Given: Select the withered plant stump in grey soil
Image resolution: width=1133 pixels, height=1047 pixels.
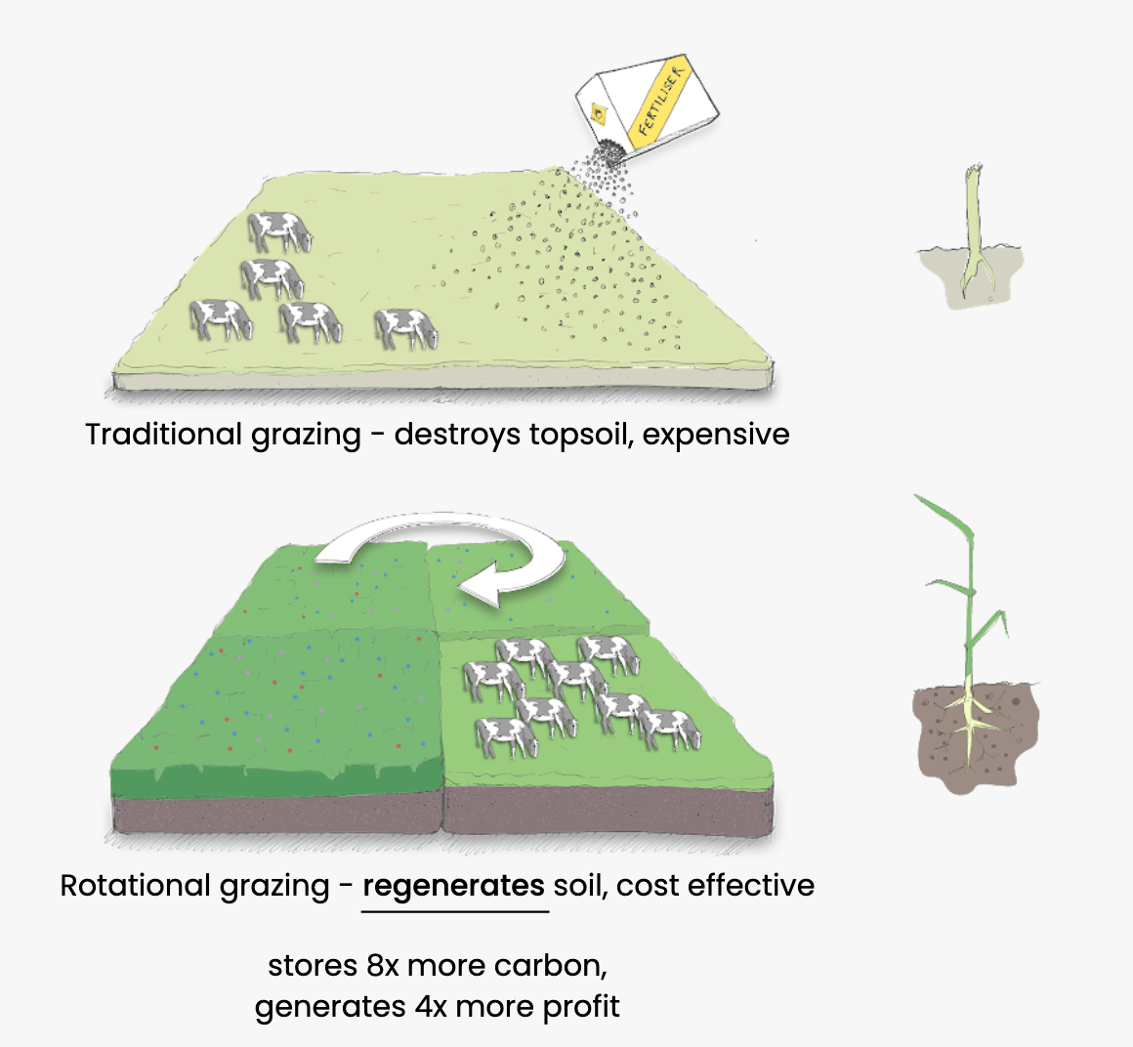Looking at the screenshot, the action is [971, 237].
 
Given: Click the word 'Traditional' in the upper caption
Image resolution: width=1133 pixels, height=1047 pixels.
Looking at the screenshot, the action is [163, 435].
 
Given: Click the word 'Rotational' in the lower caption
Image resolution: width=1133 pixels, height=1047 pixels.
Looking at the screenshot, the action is [135, 886].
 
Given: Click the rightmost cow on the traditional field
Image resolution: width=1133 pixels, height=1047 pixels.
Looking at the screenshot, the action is [406, 329].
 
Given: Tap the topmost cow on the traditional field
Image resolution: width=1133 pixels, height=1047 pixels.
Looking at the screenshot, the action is [279, 231].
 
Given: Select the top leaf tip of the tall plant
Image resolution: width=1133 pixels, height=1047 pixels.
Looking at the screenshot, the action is [915, 496].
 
